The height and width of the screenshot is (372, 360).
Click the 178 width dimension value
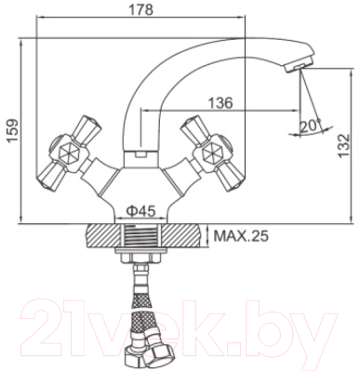pos(141,9)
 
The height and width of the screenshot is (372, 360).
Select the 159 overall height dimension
pos(12,131)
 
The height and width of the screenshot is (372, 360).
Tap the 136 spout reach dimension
pos(220,103)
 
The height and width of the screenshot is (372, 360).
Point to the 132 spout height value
pos(343,146)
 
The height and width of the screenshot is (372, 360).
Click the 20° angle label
pos(311,126)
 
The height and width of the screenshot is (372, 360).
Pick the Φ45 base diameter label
pos(140,211)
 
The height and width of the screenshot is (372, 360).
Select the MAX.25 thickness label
pos(241,236)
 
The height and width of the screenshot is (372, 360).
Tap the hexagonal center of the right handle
pos(211,152)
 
